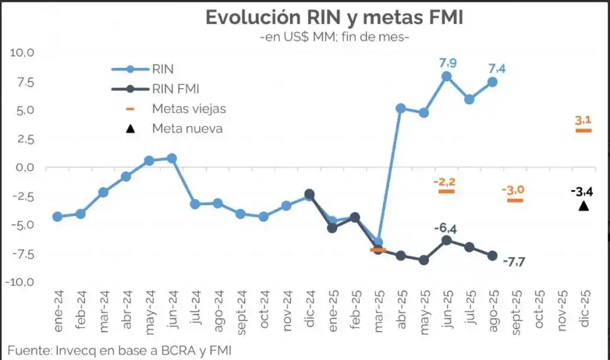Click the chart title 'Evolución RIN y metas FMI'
tap(334, 17)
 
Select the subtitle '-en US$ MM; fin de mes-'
tap(334, 38)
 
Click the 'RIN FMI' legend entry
tap(175, 89)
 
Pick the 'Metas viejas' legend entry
tap(188, 108)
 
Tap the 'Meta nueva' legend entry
tap(187, 128)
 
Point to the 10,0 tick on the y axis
tap(22, 53)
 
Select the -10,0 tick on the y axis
tap(21, 282)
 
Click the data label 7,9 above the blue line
tap(448, 62)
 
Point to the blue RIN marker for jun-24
tap(172, 159)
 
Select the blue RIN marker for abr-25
tap(401, 108)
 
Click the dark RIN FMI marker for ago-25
tap(492, 256)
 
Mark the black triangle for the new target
tap(584, 206)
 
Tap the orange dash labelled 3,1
tap(584, 130)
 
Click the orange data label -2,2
tap(444, 182)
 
